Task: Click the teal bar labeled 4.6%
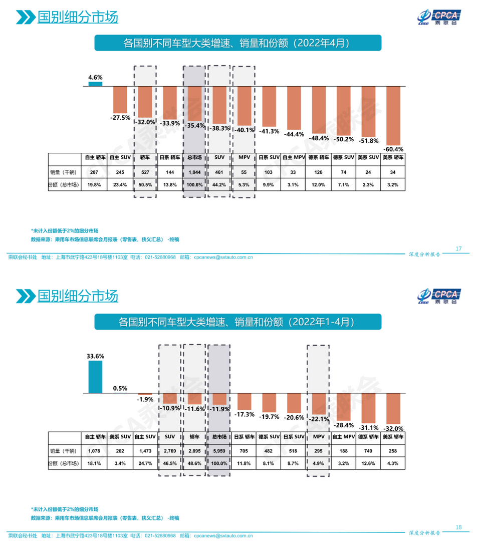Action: [95, 84]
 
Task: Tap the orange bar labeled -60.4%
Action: [394, 115]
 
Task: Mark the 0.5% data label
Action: [120, 388]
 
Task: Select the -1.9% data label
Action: [145, 399]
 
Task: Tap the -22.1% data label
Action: [319, 419]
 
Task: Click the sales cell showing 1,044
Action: [194, 172]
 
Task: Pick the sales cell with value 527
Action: [145, 172]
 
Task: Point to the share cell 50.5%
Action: [145, 185]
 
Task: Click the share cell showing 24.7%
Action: [145, 463]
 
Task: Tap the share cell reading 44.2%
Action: [219, 185]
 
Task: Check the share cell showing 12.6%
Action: [369, 463]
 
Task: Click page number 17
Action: [458, 249]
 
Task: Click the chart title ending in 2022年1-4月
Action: [238, 322]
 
